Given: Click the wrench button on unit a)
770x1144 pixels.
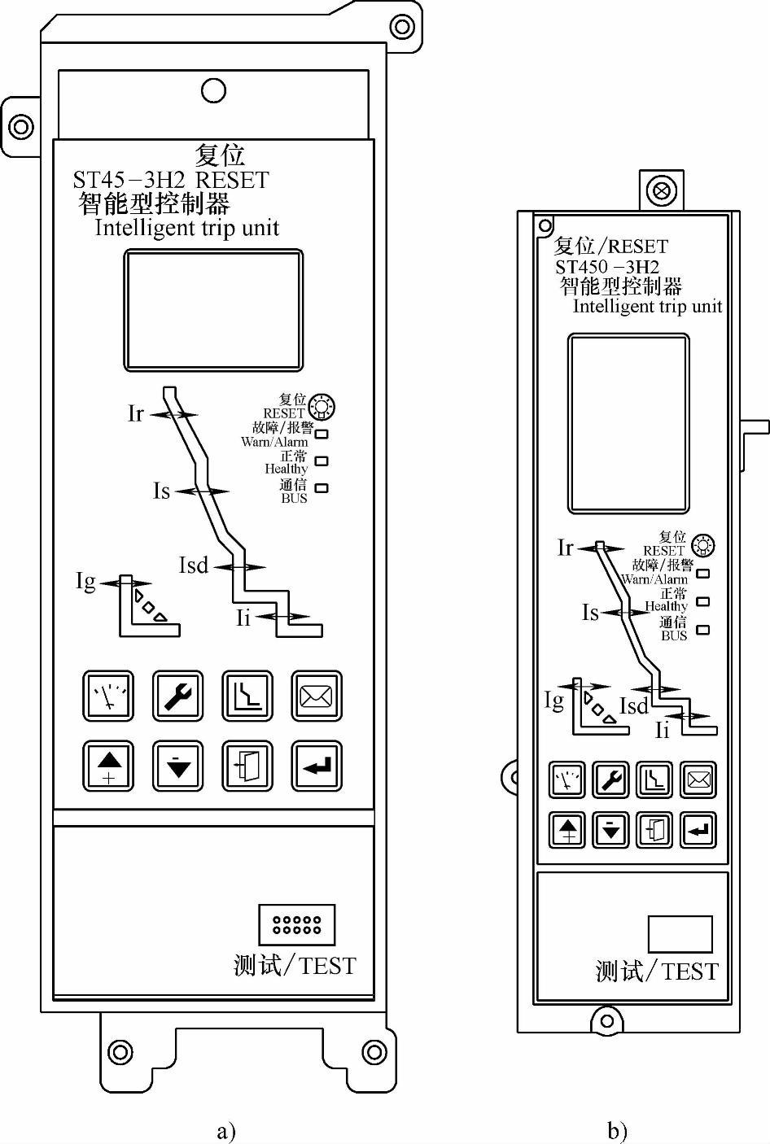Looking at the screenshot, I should pyautogui.click(x=178, y=696).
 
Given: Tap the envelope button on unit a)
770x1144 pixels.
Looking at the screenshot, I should pyautogui.click(x=317, y=696).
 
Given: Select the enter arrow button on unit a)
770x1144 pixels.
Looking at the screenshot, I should pyautogui.click(x=317, y=766).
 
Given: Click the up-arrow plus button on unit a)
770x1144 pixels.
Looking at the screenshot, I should pyautogui.click(x=109, y=766).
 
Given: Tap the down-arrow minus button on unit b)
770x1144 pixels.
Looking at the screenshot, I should pyautogui.click(x=611, y=830).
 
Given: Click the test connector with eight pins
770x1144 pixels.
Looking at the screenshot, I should pyautogui.click(x=296, y=924).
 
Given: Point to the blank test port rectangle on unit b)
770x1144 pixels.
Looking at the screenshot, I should pyautogui.click(x=680, y=934).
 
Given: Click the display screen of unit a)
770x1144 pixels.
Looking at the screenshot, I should pyautogui.click(x=213, y=310).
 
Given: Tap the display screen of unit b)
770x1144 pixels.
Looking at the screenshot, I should pyautogui.click(x=628, y=423).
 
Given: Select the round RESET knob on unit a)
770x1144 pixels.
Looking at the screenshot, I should pyautogui.click(x=322, y=405).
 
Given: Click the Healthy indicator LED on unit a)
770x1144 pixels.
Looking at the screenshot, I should pyautogui.click(x=322, y=461).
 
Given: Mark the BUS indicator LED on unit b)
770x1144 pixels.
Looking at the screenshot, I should pyautogui.click(x=703, y=630).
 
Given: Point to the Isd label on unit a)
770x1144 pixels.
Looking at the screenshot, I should pyautogui.click(x=193, y=565).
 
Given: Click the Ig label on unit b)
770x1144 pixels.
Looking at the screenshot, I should pyautogui.click(x=553, y=701).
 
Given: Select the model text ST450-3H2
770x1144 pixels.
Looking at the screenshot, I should pyautogui.click(x=607, y=267).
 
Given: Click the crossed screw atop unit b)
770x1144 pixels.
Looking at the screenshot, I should pyautogui.click(x=660, y=191).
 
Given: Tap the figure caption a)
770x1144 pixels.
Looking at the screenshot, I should pyautogui.click(x=225, y=1130).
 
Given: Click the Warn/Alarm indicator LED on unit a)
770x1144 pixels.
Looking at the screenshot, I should pyautogui.click(x=322, y=434).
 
